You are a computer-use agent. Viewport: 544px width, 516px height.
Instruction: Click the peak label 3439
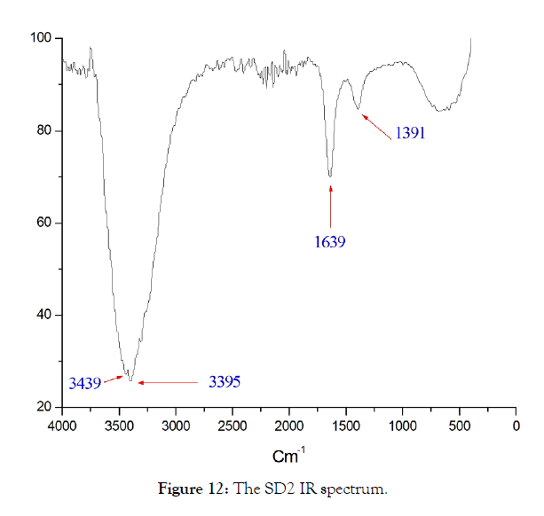[85, 384]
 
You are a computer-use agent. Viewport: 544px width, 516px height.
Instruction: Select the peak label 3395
[225, 382]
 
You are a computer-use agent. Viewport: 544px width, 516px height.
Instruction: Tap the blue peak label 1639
[329, 240]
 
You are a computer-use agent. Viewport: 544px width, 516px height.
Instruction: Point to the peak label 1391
[412, 133]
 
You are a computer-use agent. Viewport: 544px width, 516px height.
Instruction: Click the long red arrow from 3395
[169, 382]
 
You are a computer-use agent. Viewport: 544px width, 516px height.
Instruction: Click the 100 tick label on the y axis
[43, 39]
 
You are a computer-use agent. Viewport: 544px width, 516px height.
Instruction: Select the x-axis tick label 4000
[62, 426]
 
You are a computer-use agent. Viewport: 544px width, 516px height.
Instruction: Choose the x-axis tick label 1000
[403, 426]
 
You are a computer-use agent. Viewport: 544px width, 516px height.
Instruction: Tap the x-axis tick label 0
[516, 426]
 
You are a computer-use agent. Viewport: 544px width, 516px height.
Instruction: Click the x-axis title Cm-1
[288, 457]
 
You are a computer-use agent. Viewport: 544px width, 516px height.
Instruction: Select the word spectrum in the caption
[359, 489]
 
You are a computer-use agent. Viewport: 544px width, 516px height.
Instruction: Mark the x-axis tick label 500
[460, 426]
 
